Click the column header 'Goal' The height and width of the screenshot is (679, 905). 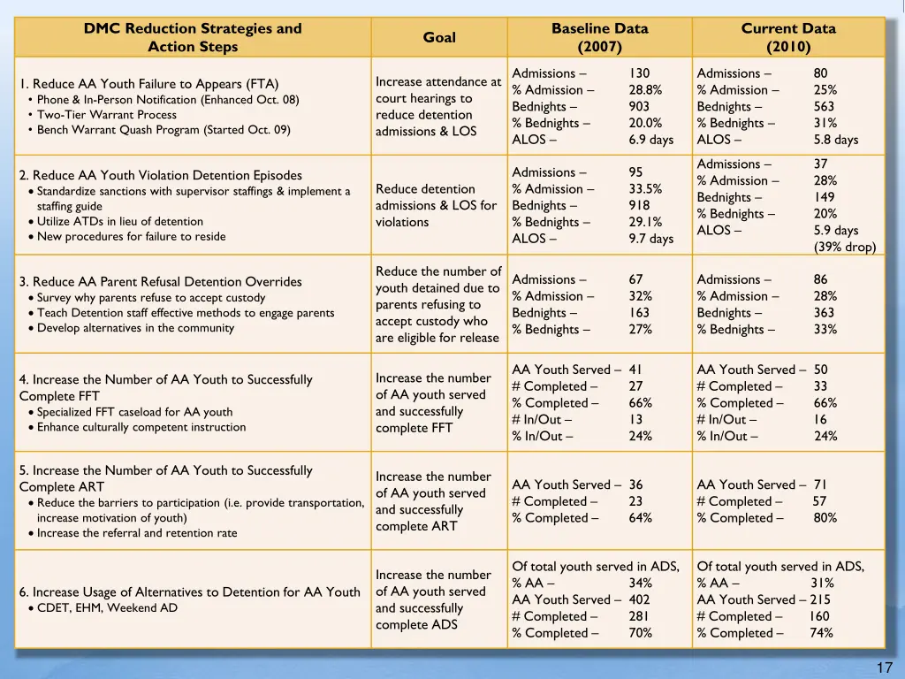coord(439,37)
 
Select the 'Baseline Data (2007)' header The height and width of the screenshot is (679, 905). coord(599,37)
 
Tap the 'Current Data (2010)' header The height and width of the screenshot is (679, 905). coord(788,37)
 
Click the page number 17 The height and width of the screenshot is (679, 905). coord(884,668)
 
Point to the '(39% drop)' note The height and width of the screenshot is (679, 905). coord(844,247)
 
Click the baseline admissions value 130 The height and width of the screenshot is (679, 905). coord(639,73)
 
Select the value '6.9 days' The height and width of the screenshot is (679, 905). coord(650,140)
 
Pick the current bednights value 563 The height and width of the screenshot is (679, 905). coord(825,107)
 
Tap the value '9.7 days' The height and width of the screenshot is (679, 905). coord(650,239)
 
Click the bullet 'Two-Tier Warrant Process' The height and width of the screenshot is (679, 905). coord(107,115)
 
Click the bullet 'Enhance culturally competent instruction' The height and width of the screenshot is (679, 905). coord(141,428)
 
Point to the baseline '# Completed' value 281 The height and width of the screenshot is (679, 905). coord(639,616)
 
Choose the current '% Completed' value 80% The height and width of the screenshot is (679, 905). coord(825,518)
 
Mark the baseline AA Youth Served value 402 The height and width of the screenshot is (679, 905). coord(639,599)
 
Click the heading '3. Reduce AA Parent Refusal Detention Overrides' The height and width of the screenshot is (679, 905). coord(161,282)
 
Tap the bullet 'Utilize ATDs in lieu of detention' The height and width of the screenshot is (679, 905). coord(120,222)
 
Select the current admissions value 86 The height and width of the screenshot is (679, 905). coord(821,279)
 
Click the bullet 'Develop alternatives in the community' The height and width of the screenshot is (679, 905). coord(135,328)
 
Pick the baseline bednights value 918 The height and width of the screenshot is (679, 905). coord(639,206)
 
